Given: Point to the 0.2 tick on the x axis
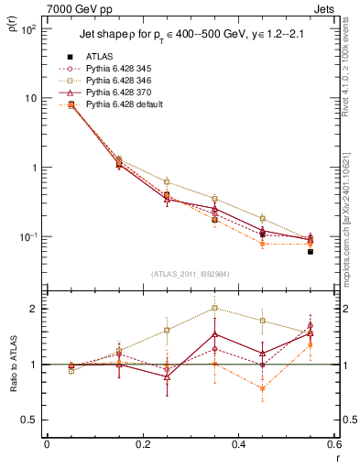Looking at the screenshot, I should coord(141,446).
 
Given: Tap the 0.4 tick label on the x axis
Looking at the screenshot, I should coord(237,446).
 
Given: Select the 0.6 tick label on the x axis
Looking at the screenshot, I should coord(332,446).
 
